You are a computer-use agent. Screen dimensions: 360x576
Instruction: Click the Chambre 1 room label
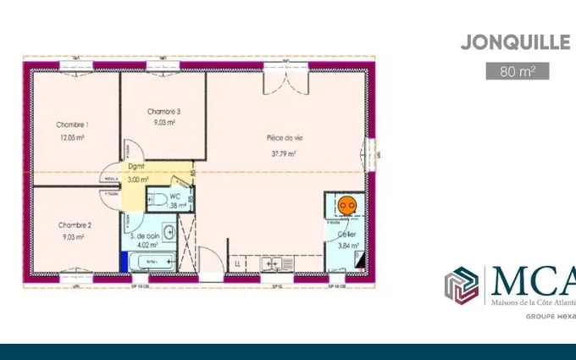point(73,125)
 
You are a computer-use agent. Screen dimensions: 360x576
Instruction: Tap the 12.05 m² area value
point(73,136)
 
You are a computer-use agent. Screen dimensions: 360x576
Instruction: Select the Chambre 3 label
point(163,111)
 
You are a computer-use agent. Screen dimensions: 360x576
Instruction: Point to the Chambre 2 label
point(75,225)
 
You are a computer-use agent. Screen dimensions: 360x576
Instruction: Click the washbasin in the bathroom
point(169,231)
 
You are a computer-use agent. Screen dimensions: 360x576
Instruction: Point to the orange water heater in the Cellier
point(346,204)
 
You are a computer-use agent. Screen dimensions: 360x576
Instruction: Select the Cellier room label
point(347,234)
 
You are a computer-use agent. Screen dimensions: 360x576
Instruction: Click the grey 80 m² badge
point(518,70)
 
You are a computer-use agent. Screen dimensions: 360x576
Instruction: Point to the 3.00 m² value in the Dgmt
point(137,180)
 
